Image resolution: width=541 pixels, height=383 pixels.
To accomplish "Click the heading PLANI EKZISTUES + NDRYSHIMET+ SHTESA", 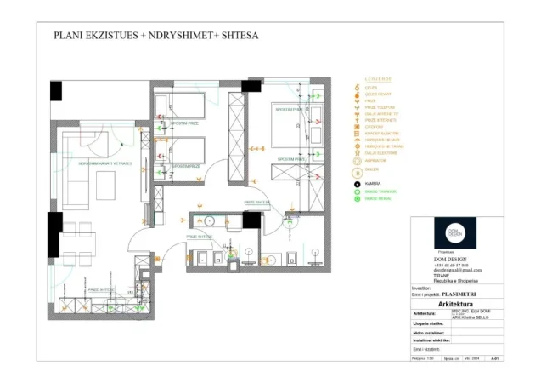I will coord(155,36).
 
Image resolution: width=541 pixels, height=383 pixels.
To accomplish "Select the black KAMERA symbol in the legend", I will coord(357,183).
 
